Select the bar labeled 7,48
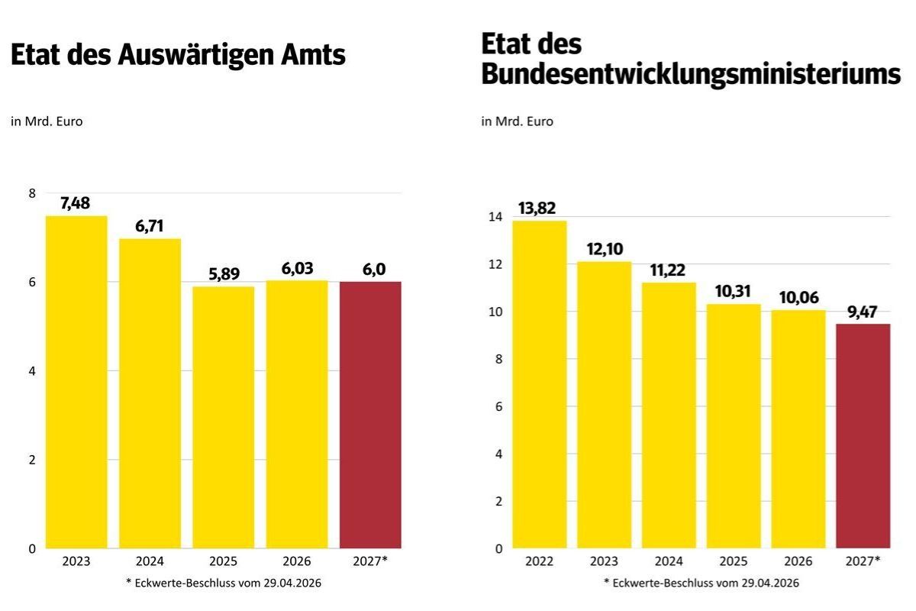coord(76,382)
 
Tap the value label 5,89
coord(223,274)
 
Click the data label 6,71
coord(150,226)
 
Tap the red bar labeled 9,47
coord(863,436)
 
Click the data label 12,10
coord(604,249)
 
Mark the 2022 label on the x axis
coord(539,561)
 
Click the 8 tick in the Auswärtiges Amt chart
coord(31,193)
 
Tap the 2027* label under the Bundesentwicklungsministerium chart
coord(863,561)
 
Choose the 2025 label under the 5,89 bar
coord(223,561)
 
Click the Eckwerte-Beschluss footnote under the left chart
coord(223,583)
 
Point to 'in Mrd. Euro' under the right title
coord(517,121)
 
